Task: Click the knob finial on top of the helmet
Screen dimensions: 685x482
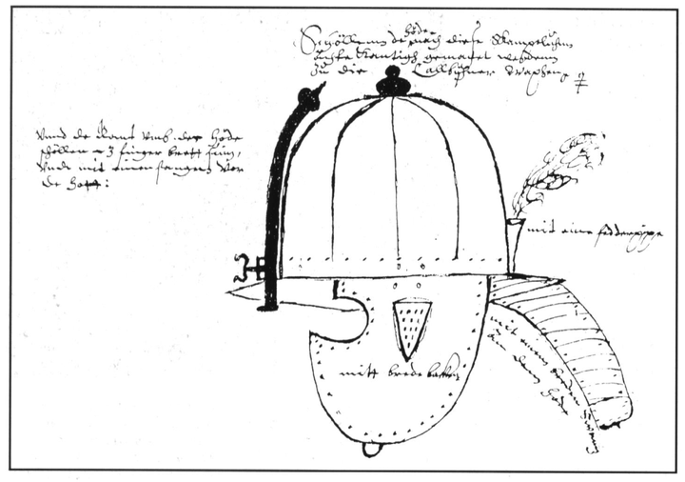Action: tap(393, 85)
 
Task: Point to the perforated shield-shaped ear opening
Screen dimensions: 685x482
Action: tap(412, 324)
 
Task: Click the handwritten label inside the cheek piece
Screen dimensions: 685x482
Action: tap(401, 374)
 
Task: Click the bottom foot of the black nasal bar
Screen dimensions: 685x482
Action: tap(269, 304)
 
